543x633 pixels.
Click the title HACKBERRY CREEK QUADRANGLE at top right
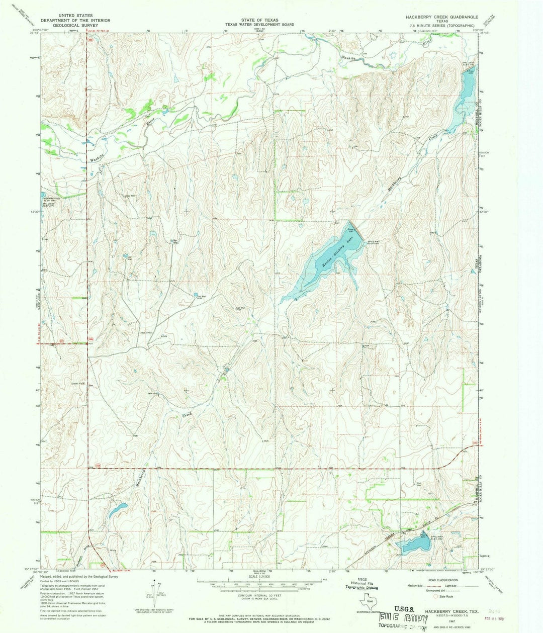tap(442, 17)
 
